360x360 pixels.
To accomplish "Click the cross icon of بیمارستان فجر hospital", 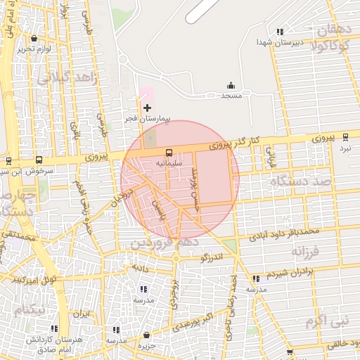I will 147,108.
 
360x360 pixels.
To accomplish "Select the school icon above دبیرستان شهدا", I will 281,32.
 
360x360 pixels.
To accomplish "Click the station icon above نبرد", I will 345,137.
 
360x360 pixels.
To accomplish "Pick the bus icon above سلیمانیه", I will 169,153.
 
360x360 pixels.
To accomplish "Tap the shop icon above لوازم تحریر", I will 34,39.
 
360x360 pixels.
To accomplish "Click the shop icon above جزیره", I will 146,335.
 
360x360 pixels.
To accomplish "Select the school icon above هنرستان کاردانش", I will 54,328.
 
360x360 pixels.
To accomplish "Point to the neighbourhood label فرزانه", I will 305,251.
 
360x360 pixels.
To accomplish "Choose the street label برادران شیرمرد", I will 298,271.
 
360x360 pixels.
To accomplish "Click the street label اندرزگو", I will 211,258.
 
